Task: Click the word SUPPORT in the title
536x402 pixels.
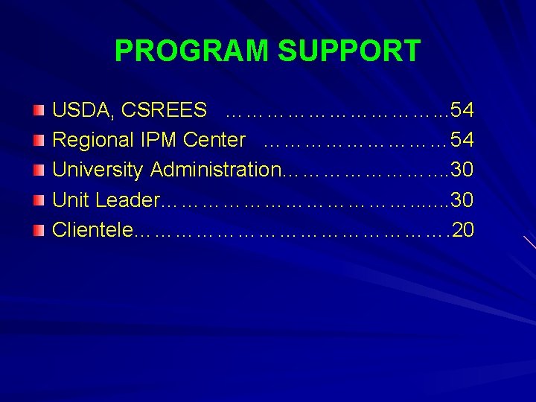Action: click(x=349, y=51)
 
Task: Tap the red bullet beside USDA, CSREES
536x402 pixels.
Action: click(x=39, y=111)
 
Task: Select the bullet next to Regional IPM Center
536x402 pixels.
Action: click(x=39, y=141)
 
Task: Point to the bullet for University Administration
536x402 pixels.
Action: click(x=39, y=170)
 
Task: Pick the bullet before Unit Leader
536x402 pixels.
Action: click(x=39, y=200)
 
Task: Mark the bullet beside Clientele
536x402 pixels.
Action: click(x=39, y=230)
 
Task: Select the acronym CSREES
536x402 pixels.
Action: click(x=164, y=111)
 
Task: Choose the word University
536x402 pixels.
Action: click(x=98, y=170)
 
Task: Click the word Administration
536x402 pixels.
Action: click(x=215, y=170)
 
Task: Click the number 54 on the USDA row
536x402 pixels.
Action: click(x=462, y=111)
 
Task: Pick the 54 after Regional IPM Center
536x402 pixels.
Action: click(x=462, y=141)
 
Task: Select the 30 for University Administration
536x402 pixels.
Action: click(x=462, y=170)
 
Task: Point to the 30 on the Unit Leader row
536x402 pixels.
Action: click(x=462, y=200)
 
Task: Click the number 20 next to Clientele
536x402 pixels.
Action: click(x=462, y=230)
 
